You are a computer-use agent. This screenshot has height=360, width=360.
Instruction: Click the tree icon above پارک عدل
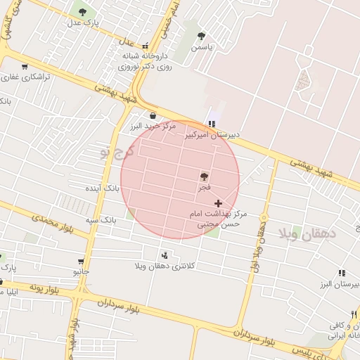tap(83, 12)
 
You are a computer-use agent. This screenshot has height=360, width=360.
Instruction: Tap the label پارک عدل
tap(84, 23)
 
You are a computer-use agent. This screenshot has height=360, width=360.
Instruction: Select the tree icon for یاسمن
tap(202, 35)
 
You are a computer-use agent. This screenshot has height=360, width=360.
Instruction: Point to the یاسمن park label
tap(202, 46)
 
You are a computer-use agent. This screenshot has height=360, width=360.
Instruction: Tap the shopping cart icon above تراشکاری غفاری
tap(25, 67)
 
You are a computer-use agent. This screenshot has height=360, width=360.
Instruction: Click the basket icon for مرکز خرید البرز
tap(153, 116)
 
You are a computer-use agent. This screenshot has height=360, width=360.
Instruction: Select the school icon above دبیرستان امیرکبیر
tap(212, 124)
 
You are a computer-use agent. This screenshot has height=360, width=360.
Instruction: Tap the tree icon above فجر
tap(205, 176)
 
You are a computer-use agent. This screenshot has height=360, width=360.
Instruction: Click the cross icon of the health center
tap(218, 202)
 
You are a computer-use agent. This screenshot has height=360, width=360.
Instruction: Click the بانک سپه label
tap(101, 220)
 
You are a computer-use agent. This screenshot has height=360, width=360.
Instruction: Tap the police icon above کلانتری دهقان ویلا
tap(165, 255)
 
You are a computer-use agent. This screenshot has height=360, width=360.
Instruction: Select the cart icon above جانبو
tap(83, 261)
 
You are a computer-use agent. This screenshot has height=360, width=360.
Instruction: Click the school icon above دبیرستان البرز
tap(342, 273)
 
